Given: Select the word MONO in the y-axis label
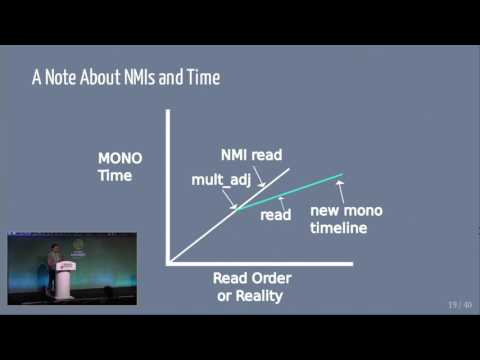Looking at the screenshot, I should tap(119, 159).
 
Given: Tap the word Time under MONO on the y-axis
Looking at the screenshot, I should tap(114, 176).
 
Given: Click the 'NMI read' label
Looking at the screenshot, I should tap(251, 155).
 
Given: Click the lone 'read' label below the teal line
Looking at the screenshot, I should tap(275, 215).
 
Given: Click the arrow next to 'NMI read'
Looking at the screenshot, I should tap(260, 180).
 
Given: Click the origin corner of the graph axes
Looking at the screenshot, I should tap(169, 262).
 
